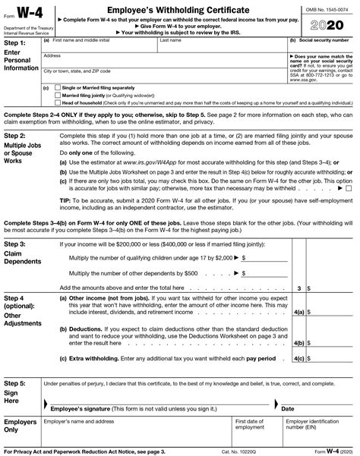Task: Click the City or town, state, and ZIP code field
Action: (x=163, y=76)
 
